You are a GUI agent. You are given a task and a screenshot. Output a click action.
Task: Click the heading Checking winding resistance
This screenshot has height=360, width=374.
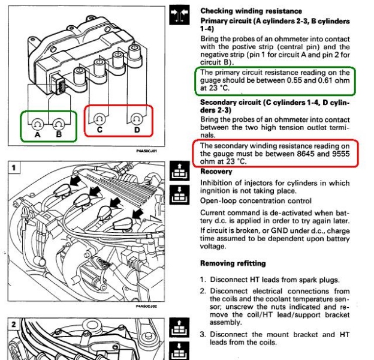[x=251, y=11]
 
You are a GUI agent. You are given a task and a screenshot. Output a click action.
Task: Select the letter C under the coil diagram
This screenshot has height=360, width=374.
[x=99, y=130]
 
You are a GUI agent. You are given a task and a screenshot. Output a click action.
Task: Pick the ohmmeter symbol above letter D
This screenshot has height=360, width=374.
[x=137, y=118]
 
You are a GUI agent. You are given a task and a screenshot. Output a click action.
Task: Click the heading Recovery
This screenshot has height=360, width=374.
[x=216, y=172]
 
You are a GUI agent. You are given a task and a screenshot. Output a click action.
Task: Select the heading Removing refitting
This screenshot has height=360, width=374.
[x=233, y=263]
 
